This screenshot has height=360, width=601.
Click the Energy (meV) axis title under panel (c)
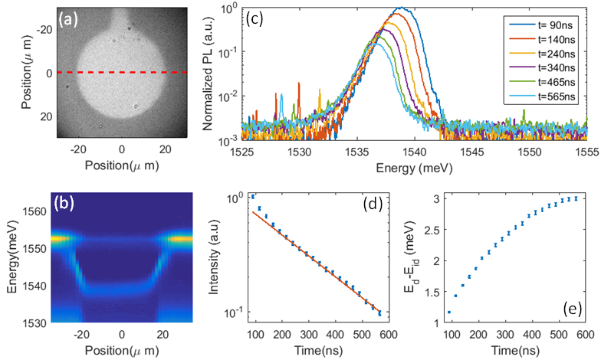pyautogui.click(x=414, y=165)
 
